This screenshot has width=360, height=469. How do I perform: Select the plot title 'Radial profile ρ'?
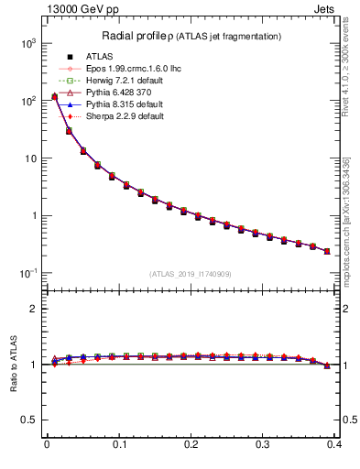(x=139, y=36)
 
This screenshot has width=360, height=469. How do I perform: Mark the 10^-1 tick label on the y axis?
(x=26, y=274)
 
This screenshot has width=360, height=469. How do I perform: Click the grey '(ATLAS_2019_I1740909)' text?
(x=191, y=274)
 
